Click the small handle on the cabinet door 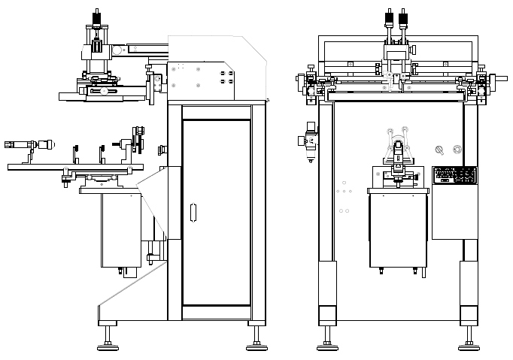tap(193, 213)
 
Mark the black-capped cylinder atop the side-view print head tap(96, 19)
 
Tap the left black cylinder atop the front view tap(390, 19)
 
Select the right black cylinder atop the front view tap(405, 19)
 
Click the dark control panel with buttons tap(455, 175)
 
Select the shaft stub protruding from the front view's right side tap(499, 77)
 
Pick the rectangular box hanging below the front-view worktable tap(398, 230)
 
